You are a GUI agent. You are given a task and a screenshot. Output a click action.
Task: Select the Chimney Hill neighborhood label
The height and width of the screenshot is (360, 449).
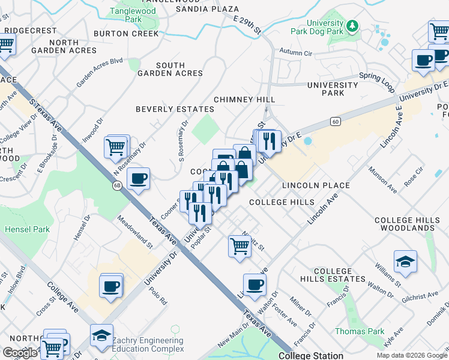point(245,100)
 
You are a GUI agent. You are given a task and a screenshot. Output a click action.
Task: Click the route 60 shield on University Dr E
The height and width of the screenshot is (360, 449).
point(335,122)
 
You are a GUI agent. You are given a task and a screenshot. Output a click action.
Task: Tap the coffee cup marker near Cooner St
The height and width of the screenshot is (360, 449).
point(138,178)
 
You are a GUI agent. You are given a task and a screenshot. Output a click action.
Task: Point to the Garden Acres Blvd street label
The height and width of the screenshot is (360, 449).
point(99,72)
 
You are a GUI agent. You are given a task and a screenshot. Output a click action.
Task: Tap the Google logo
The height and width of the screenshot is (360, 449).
point(20,353)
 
